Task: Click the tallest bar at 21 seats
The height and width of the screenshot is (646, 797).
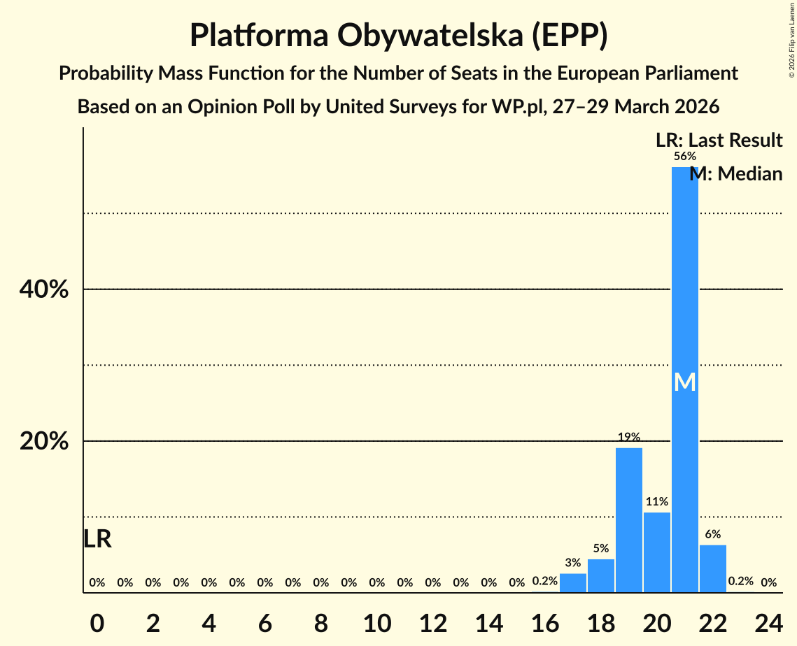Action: [x=685, y=280]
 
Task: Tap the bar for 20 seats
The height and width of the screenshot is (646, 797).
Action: [x=657, y=552]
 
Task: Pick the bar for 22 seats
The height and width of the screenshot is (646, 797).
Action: [x=713, y=568]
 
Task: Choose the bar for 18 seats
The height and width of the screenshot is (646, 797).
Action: [x=601, y=575]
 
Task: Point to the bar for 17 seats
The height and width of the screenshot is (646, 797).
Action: [x=573, y=583]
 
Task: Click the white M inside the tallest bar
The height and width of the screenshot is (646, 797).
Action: [x=685, y=382]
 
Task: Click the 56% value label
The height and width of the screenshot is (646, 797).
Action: [x=685, y=157]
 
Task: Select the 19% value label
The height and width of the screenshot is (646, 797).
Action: [x=629, y=437]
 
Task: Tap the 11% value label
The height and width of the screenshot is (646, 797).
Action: [x=657, y=501]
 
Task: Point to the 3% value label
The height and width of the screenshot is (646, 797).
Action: [x=573, y=562]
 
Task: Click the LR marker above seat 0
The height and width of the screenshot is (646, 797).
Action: [x=97, y=539]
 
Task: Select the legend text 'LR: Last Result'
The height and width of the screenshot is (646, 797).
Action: [x=719, y=141]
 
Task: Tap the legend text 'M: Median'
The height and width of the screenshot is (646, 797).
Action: [x=736, y=174]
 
